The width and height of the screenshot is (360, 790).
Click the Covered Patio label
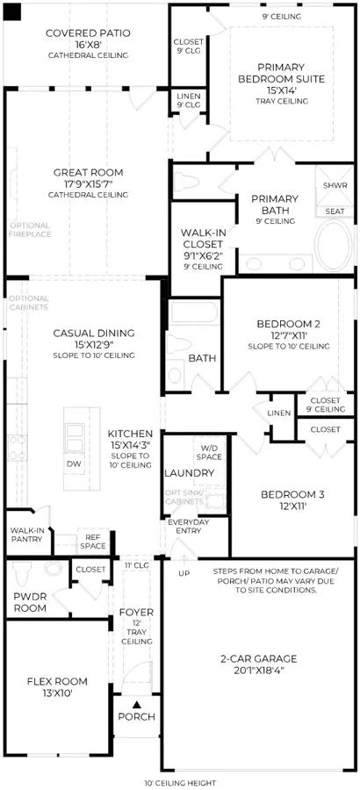click(88, 33)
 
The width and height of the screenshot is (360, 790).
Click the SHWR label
click(335, 185)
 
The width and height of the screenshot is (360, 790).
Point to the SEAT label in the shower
click(335, 211)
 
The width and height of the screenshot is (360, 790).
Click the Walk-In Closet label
click(202, 239)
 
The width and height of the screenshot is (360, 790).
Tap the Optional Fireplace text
click(30, 230)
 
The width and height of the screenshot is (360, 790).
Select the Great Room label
click(88, 173)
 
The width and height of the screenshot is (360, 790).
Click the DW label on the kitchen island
click(74, 464)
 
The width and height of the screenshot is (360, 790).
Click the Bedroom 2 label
click(288, 323)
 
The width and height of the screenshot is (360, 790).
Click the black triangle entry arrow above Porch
click(136, 704)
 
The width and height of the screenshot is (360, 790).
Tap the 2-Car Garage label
click(259, 658)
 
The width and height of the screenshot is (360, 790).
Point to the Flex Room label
click(57, 682)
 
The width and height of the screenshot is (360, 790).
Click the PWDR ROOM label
click(30, 601)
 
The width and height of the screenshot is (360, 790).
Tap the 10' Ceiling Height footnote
click(179, 783)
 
